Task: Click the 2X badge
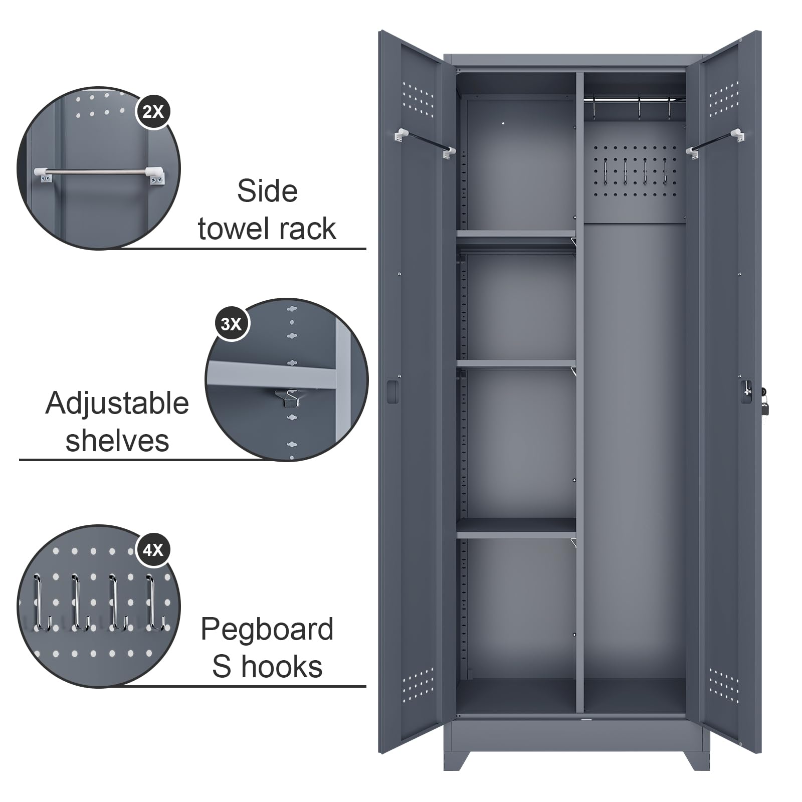[x=153, y=111]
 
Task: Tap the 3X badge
[x=231, y=324]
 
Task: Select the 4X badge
[x=153, y=550]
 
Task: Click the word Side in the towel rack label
[x=267, y=191]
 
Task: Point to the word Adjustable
[x=117, y=404]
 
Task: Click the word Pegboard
[x=267, y=630]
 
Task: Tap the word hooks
[x=282, y=667]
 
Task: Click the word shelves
[x=117, y=441]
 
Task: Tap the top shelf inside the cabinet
[x=516, y=234]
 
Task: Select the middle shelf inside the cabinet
[x=516, y=364]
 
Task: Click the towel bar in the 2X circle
[x=100, y=174]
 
